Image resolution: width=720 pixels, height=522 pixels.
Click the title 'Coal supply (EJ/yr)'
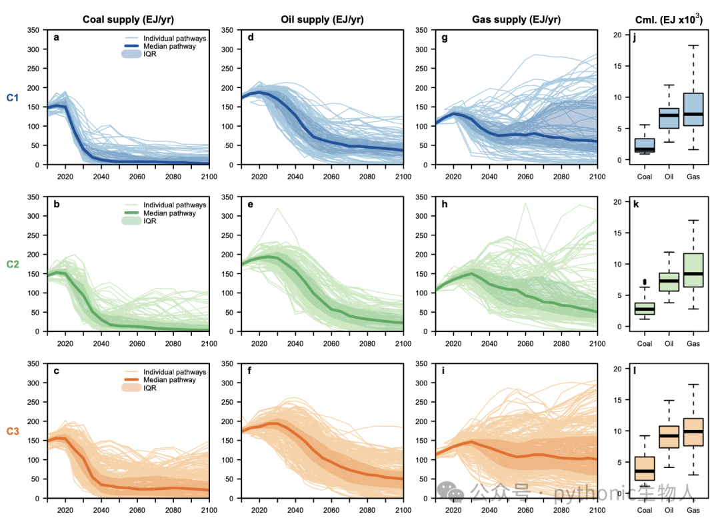tap(128, 19)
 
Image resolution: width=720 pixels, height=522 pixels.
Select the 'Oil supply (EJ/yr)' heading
tap(322, 19)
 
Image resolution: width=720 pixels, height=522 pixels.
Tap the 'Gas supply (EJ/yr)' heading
tap(516, 19)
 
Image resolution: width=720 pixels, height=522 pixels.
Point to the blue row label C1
tap(13, 97)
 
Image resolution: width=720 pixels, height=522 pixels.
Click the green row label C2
tap(13, 264)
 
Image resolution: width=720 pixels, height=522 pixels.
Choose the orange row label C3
tap(13, 431)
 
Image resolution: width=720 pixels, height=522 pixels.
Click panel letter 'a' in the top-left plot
tap(57, 37)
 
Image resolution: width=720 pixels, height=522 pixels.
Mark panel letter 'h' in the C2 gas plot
tap(445, 204)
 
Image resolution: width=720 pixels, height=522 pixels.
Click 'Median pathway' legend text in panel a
tap(169, 47)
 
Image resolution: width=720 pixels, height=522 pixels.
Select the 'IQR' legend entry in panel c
tap(150, 388)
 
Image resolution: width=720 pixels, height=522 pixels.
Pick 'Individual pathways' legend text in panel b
tap(175, 205)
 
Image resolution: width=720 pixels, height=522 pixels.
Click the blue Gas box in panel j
tap(693, 109)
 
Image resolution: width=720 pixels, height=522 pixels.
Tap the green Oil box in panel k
tap(669, 282)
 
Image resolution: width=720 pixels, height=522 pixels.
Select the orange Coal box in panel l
tap(644, 468)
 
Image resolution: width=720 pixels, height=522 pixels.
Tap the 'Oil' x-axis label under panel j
tap(669, 177)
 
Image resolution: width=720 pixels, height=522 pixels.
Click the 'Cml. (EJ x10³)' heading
tap(669, 19)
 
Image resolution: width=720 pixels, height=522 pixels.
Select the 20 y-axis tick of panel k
tap(617, 202)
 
